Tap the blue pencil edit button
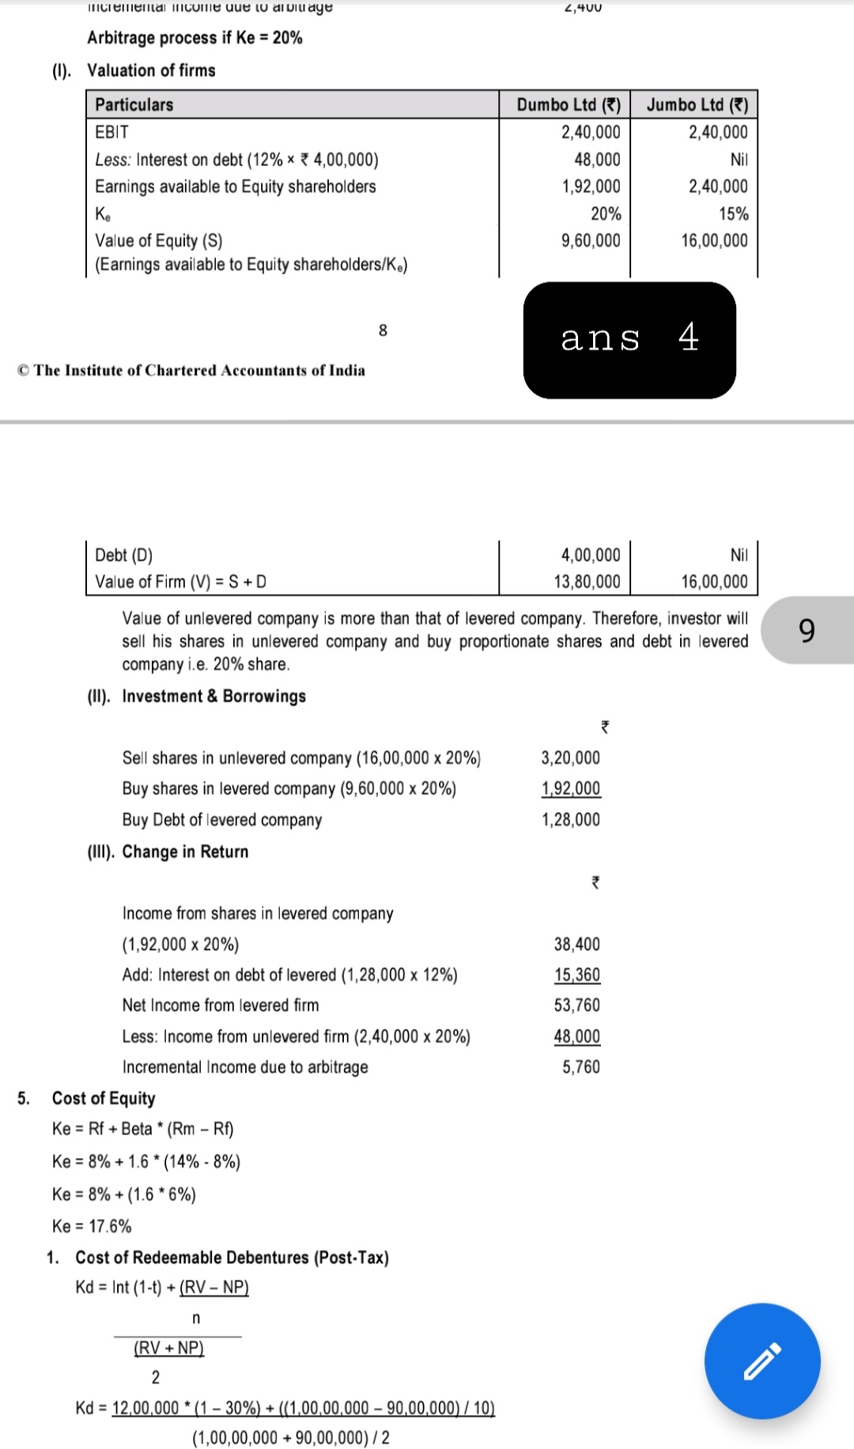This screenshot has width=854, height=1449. [762, 1360]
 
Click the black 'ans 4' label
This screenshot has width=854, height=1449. [629, 339]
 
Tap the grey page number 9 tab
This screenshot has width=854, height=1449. [807, 630]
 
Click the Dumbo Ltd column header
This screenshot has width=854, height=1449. [568, 104]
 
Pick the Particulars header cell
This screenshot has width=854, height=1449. [134, 104]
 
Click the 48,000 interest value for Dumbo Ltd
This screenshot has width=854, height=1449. [597, 159]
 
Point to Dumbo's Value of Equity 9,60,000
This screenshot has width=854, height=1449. [591, 240]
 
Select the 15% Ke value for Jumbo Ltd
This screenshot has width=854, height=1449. [733, 214]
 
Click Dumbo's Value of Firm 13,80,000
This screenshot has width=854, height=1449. [587, 581]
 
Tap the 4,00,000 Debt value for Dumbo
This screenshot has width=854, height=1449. [591, 554]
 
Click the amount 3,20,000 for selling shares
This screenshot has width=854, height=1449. [570, 758]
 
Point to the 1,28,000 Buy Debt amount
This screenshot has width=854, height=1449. [570, 819]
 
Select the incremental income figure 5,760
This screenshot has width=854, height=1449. [581, 1067]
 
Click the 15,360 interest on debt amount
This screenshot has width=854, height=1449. [577, 974]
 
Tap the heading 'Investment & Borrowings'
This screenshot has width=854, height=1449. [213, 696]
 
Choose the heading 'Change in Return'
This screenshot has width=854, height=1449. [185, 852]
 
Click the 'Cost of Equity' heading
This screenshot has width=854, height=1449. [104, 1098]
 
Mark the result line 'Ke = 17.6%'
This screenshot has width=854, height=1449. [92, 1226]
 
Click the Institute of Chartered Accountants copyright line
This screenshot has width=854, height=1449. [191, 370]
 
